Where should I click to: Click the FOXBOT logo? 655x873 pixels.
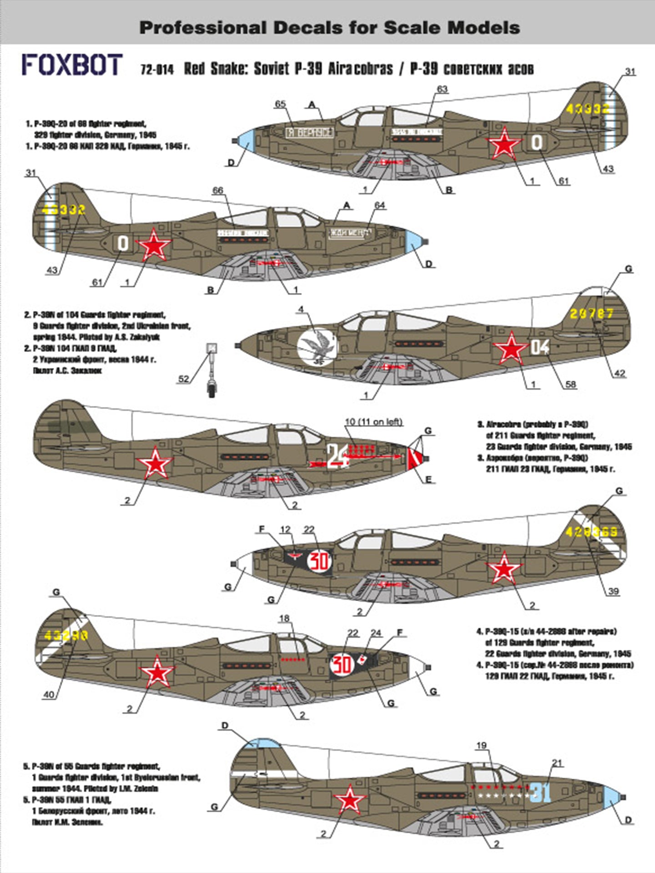[72, 65]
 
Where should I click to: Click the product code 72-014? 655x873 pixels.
[157, 70]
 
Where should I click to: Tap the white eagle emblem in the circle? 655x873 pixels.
[317, 348]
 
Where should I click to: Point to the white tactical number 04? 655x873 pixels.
[540, 347]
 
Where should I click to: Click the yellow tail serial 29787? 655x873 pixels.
[591, 313]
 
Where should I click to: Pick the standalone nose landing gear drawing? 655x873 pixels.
[212, 370]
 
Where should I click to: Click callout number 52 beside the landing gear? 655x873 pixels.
[183, 378]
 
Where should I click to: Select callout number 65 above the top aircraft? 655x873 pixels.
[280, 104]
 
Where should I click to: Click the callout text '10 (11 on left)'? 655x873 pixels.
[373, 421]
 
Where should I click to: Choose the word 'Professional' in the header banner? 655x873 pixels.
[202, 28]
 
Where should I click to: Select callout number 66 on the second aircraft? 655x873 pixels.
[218, 190]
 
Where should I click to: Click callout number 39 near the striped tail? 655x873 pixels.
[614, 591]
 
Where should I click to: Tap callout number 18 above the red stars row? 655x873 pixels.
[284, 618]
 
